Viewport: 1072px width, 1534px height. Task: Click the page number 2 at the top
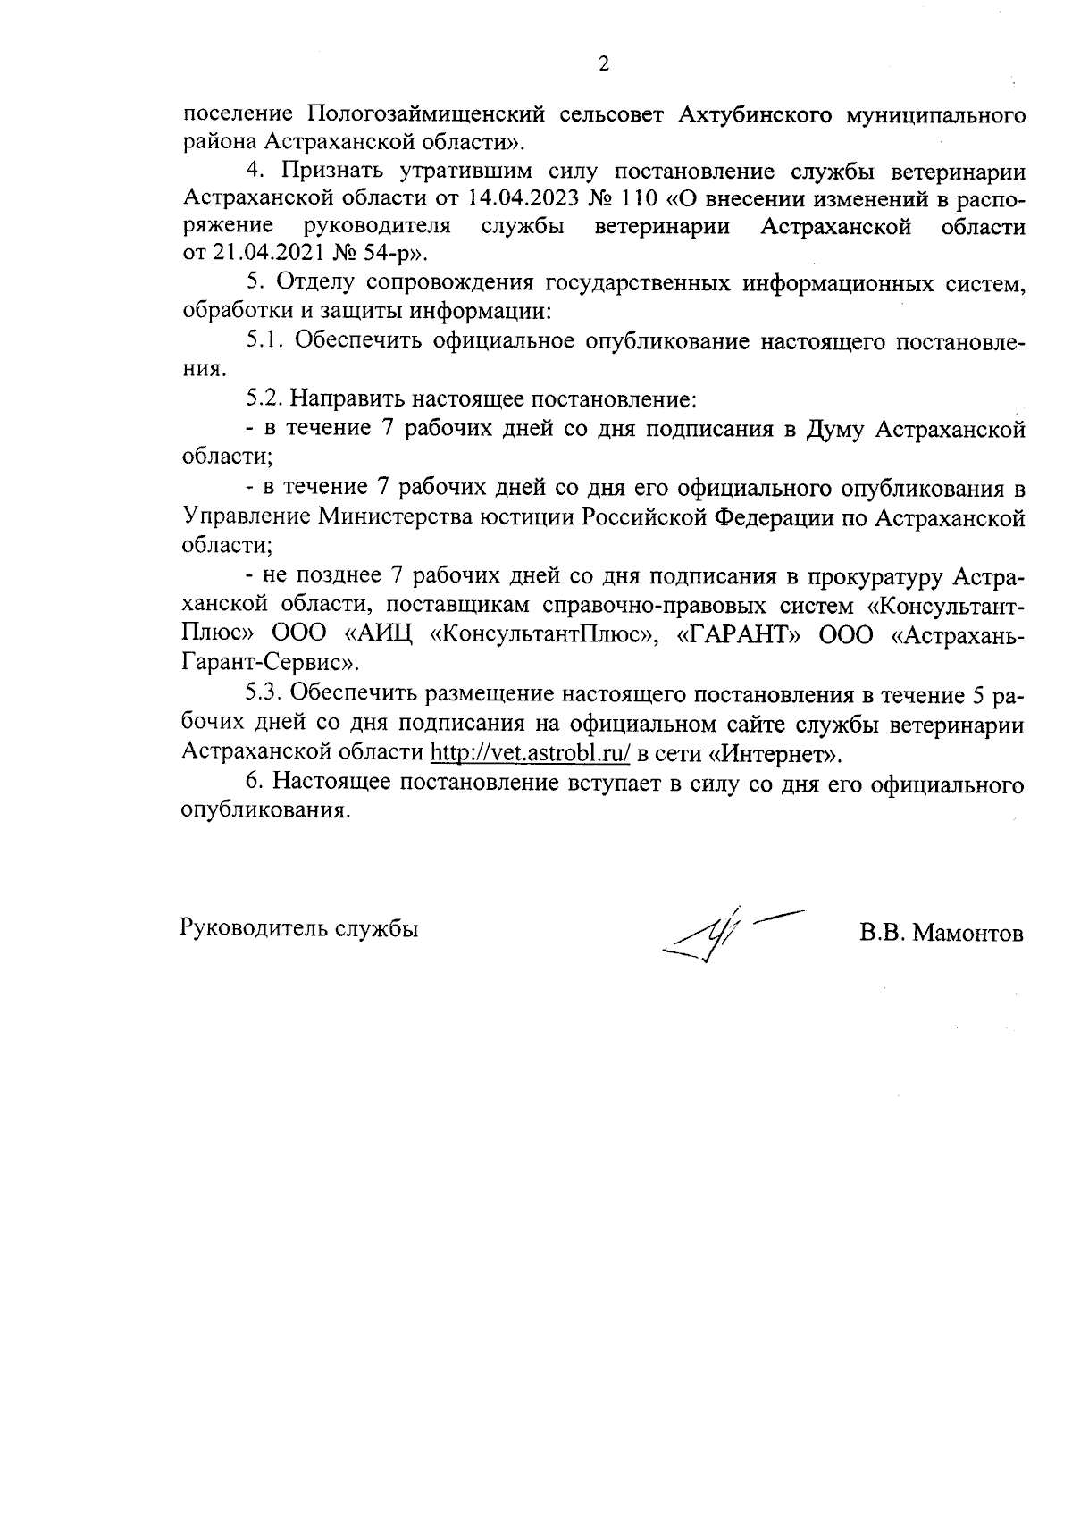click(x=603, y=63)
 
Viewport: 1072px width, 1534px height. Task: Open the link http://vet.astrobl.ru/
click(x=531, y=753)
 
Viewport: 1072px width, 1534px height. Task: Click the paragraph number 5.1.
click(x=264, y=340)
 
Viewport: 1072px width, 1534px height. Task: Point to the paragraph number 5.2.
click(x=264, y=397)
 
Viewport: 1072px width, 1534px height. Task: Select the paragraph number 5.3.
click(x=264, y=694)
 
